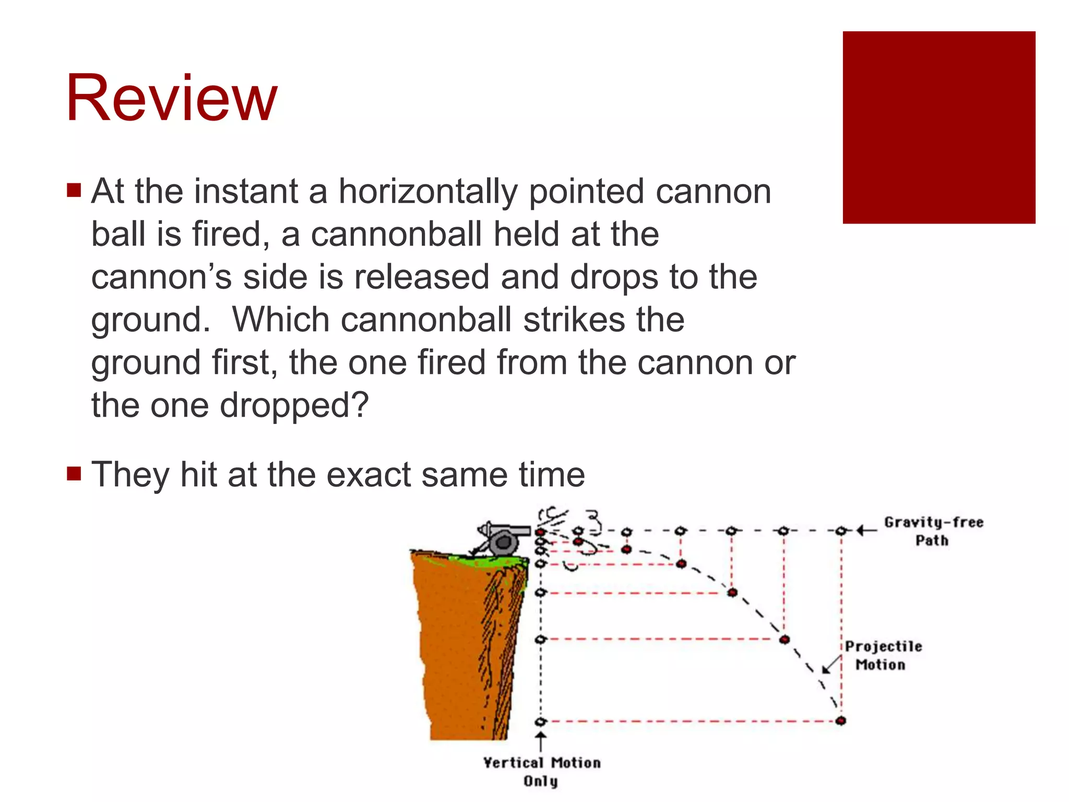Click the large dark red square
point(939,127)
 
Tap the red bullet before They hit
point(74,474)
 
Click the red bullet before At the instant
point(74,190)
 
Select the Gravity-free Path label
point(933,531)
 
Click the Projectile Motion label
point(883,655)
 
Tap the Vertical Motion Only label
point(541,771)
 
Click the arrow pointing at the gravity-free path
point(866,531)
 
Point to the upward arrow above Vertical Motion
point(541,741)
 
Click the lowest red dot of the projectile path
point(840,721)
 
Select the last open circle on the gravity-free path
point(840,531)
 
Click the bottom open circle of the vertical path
point(541,722)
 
